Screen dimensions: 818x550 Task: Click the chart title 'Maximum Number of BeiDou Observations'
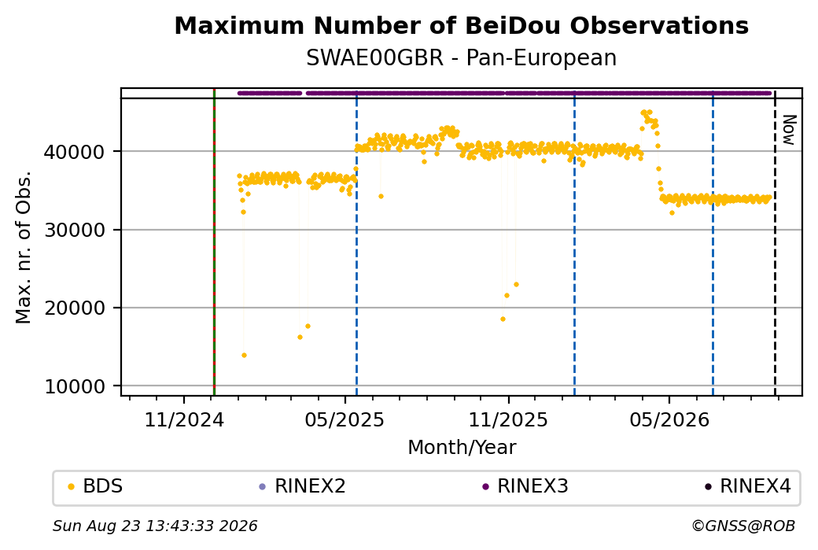point(461,25)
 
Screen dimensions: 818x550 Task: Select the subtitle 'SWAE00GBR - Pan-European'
point(461,57)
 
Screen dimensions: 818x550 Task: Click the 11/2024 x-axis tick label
point(183,419)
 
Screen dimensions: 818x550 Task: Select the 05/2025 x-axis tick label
point(345,419)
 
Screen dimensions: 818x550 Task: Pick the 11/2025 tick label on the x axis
point(508,419)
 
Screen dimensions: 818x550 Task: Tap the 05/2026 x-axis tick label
point(669,419)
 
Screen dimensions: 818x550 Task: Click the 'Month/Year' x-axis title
point(462,447)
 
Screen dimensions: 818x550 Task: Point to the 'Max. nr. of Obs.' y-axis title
point(23,247)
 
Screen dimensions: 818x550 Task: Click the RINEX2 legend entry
point(303,486)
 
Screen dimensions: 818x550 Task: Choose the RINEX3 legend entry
point(525,486)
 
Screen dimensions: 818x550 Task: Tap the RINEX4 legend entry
point(748,486)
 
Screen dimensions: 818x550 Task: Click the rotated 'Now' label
point(790,130)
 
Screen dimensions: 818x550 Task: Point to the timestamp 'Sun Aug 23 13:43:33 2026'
point(155,526)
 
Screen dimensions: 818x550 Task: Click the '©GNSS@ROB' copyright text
point(743,526)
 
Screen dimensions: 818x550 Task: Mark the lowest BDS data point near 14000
point(244,356)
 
